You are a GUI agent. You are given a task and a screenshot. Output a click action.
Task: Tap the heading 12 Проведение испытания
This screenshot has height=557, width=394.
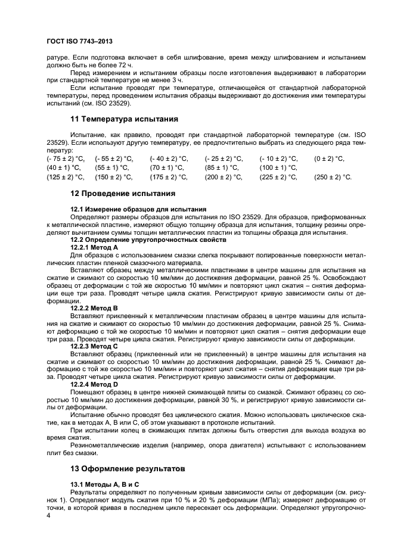pyautogui.click(x=123, y=194)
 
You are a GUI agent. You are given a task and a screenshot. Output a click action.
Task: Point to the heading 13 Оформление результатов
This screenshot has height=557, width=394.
pyautogui.click(x=129, y=468)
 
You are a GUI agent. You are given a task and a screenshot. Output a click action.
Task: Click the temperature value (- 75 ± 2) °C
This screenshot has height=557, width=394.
pyautogui.click(x=66, y=158)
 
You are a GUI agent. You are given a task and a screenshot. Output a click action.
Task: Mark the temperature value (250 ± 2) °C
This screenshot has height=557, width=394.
pyautogui.click(x=333, y=178)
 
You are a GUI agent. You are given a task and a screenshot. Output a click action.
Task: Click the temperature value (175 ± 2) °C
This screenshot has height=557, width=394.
pyautogui.click(x=169, y=178)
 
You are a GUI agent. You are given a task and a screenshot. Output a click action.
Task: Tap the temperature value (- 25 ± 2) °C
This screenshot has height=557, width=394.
pyautogui.click(x=224, y=158)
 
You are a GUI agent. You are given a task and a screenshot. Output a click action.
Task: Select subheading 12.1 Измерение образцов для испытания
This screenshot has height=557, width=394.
pyautogui.click(x=138, y=210)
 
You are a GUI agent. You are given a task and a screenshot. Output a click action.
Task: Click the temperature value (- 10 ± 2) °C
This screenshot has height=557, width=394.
pyautogui.click(x=279, y=158)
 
